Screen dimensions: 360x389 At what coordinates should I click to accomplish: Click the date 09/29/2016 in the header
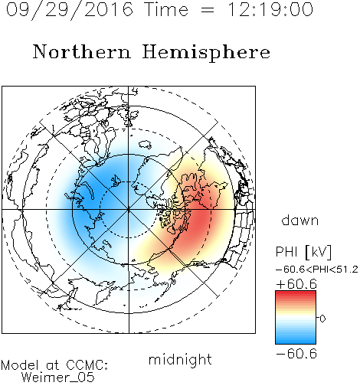70,9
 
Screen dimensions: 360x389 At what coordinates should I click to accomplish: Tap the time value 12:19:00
270,9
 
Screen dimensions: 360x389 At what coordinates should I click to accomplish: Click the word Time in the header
166,9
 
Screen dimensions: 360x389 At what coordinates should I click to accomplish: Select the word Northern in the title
82,51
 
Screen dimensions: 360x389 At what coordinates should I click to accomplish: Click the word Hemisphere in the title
206,53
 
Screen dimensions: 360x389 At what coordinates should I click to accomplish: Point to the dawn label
300,221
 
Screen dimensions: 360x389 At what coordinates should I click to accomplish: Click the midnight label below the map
180,359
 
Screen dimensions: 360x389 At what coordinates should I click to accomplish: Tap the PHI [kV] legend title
303,252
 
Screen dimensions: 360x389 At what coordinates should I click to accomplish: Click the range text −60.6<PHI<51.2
317,270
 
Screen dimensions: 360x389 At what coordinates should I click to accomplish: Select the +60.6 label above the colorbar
296,284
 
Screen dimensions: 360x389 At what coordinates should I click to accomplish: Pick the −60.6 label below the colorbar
296,354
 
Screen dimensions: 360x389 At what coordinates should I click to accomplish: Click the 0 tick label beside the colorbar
322,319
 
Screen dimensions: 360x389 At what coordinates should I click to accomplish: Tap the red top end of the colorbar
296,293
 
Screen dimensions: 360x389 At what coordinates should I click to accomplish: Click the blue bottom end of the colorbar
296,342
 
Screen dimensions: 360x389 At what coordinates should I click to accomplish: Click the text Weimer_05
58,378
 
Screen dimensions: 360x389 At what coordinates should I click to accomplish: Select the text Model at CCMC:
54,365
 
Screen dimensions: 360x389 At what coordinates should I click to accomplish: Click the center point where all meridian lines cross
129,210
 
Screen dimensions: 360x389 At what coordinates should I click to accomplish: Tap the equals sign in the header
208,10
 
